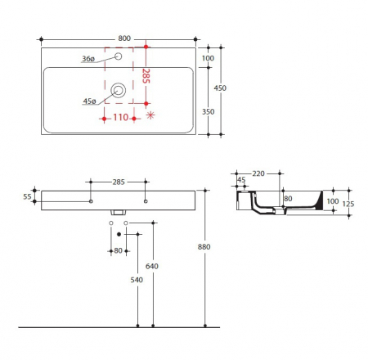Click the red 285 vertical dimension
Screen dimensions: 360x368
(x=146, y=77)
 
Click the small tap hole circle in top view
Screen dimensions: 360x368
(x=119, y=57)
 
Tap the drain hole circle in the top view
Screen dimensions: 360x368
(x=120, y=92)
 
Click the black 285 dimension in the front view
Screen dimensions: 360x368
(x=118, y=182)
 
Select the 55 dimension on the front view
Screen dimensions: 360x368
(x=26, y=197)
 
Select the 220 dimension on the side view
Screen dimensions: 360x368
(x=259, y=173)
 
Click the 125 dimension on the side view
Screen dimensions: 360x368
(x=348, y=205)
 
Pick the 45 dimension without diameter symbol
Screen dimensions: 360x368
(x=241, y=182)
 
